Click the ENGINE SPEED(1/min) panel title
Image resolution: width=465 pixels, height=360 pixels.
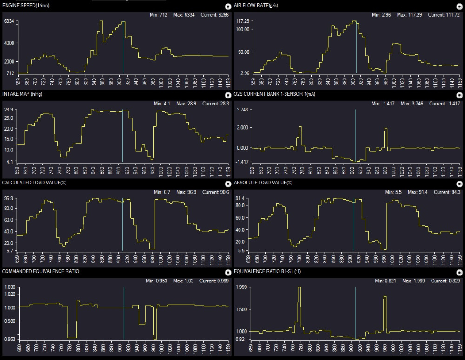tap(26, 5)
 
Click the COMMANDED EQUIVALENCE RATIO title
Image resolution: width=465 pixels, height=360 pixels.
tap(41, 271)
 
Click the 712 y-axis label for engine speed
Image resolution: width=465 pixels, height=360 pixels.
tap(10, 73)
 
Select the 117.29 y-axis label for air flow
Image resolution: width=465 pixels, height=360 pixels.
tap(243, 21)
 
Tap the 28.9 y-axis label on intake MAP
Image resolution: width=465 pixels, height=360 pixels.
tap(9, 110)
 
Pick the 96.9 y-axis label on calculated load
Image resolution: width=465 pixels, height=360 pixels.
tap(9, 199)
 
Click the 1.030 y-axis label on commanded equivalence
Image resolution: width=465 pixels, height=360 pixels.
tap(9, 288)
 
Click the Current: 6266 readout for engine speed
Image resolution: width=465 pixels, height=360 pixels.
tap(213, 15)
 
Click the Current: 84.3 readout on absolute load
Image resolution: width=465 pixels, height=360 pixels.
tap(447, 192)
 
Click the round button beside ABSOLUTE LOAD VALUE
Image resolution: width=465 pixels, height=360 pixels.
tap(460, 183)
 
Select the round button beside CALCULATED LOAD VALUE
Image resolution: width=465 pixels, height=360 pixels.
tap(228, 183)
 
